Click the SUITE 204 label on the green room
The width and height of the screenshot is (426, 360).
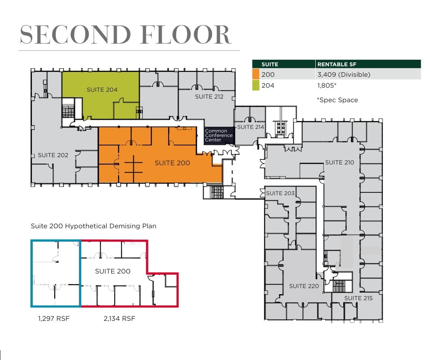click(102, 89)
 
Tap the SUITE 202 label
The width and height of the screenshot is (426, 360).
click(53, 155)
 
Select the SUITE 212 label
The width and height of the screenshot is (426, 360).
click(209, 97)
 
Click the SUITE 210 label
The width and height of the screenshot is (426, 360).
click(340, 162)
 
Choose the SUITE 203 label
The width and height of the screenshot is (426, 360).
click(280, 193)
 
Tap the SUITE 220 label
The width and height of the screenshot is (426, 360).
click(304, 286)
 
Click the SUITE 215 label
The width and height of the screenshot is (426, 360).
click(358, 298)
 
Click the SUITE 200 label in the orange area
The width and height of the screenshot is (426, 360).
click(172, 163)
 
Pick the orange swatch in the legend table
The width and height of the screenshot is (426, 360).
click(255, 74)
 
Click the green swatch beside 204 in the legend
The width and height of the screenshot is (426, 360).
click(255, 85)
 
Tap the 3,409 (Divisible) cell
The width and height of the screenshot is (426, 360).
click(344, 74)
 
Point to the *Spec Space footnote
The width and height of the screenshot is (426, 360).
click(337, 100)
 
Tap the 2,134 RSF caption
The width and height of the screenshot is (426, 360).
click(119, 318)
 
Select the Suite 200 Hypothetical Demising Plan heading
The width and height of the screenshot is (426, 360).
click(93, 226)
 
